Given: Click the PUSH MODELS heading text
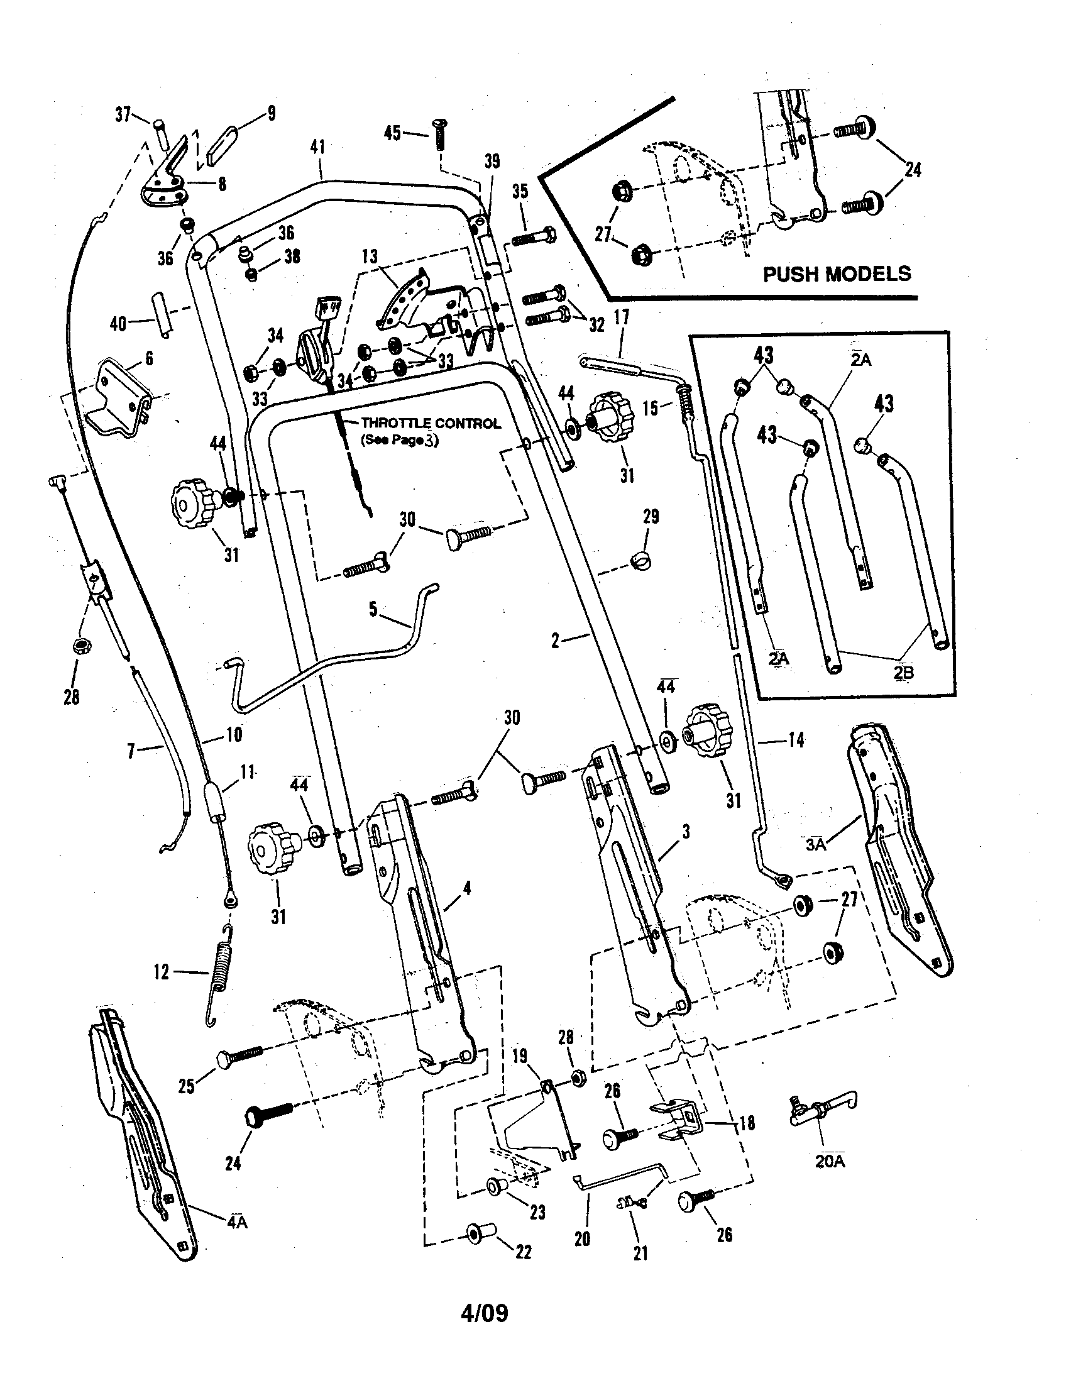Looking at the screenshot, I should [x=836, y=273].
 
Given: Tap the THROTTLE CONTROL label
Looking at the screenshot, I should [x=431, y=424].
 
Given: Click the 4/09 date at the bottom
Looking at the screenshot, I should [x=484, y=1314].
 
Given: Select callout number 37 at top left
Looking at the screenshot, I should [x=123, y=114].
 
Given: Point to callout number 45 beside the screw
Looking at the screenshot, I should [x=392, y=133].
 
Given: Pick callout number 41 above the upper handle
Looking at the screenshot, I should [x=318, y=148].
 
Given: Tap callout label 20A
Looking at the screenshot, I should [x=829, y=1160].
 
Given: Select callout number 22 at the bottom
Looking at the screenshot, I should [x=524, y=1252].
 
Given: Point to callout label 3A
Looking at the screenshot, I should [x=816, y=844].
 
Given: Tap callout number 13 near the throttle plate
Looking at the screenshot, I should [x=370, y=256].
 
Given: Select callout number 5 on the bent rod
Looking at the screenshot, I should [x=373, y=609].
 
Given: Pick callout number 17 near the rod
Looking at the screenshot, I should [x=622, y=317].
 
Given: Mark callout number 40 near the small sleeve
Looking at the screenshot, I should [x=118, y=324].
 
